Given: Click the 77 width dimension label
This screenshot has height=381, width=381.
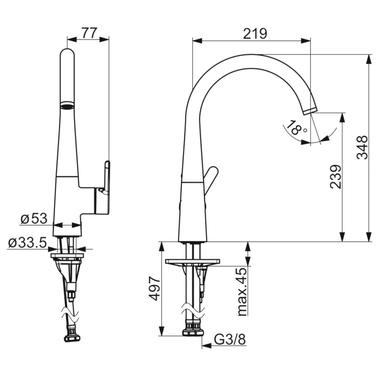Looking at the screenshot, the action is point(90,33).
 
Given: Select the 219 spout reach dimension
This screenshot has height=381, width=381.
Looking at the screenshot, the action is point(255,34).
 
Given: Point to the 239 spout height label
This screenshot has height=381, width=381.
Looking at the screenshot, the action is point(336,177).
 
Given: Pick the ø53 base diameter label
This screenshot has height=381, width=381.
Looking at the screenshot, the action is point(34,219).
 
